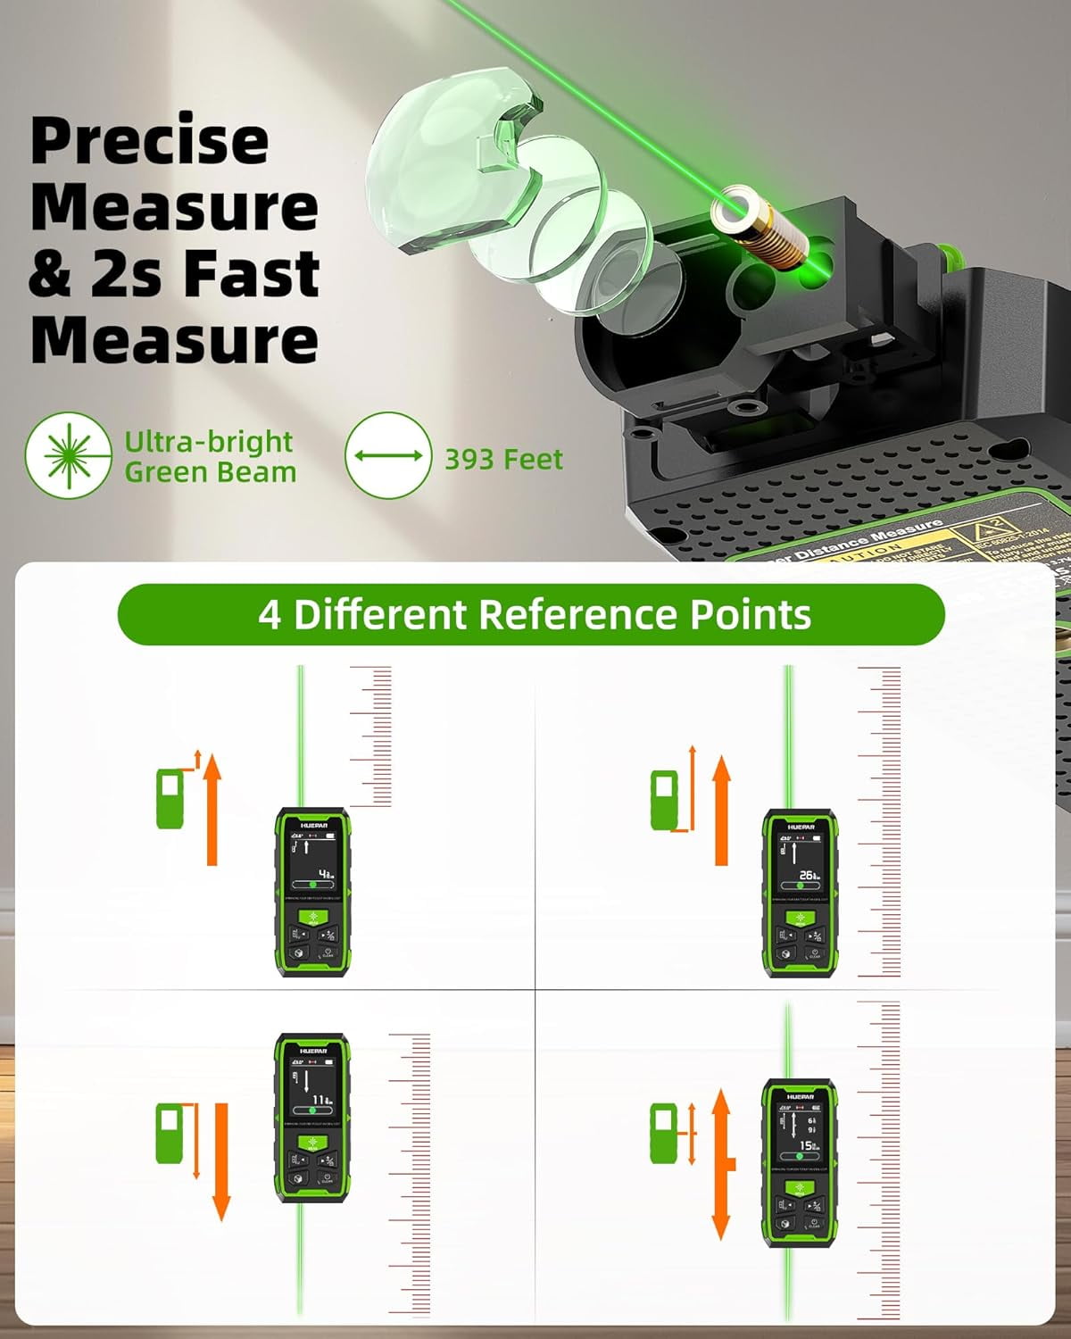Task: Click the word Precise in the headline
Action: [x=149, y=141]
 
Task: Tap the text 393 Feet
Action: [x=503, y=459]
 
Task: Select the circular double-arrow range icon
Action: [x=388, y=455]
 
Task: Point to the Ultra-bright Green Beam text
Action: [x=210, y=456]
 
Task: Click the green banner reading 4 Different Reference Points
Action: [x=531, y=614]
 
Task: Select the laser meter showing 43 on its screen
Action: [x=312, y=893]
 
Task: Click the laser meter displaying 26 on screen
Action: [x=801, y=893]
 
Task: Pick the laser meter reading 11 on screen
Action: [x=312, y=1119]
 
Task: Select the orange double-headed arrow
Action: [x=722, y=1165]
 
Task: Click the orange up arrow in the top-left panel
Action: [x=212, y=809]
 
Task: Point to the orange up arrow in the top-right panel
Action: [x=721, y=809]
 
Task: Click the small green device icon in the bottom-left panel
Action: [x=170, y=1134]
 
